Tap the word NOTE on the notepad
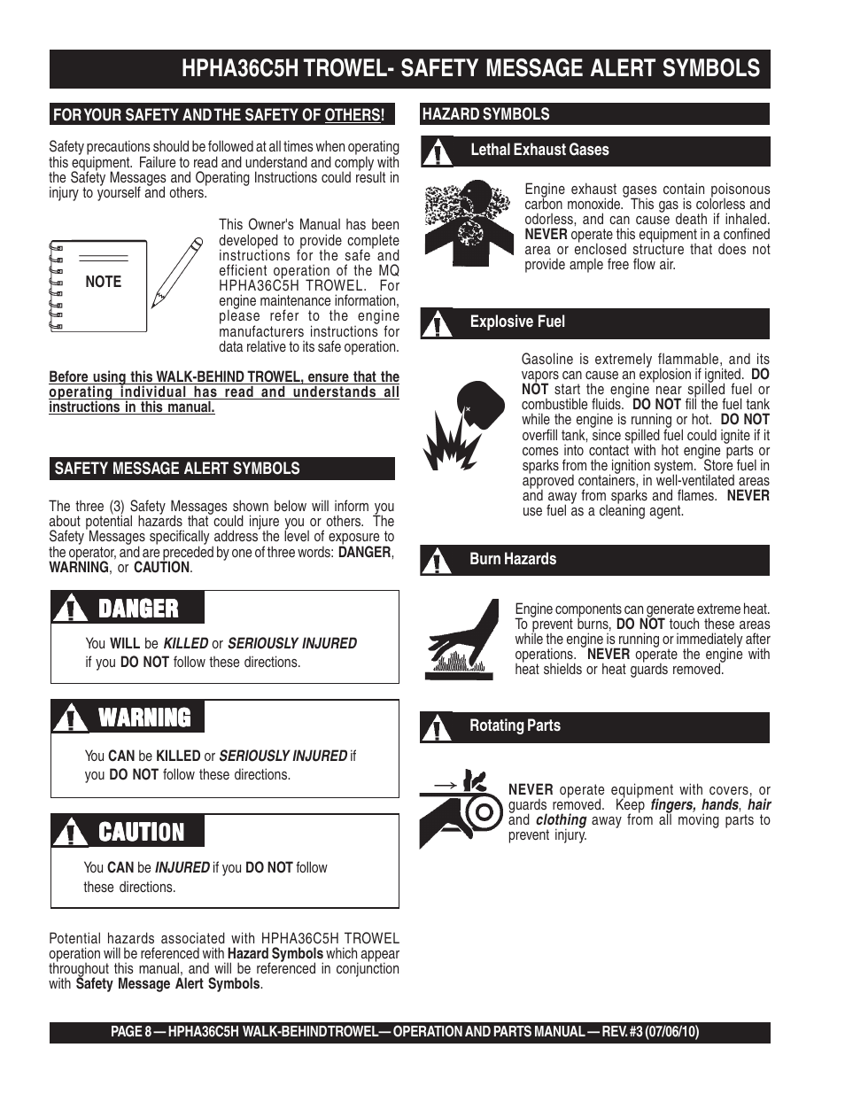pyautogui.click(x=103, y=282)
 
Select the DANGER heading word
pyautogui.click(x=138, y=609)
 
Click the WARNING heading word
pyautogui.click(x=144, y=718)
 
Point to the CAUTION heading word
pyautogui.click(x=142, y=833)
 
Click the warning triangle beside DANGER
pyautogui.click(x=69, y=609)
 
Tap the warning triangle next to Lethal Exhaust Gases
pyautogui.click(x=435, y=152)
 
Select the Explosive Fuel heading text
pyautogui.click(x=517, y=322)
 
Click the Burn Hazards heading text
pyautogui.click(x=513, y=559)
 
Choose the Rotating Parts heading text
pyautogui.click(x=515, y=725)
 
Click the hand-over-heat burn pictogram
pyautogui.click(x=461, y=639)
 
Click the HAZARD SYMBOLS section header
pyautogui.click(x=485, y=114)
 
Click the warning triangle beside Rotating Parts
pyautogui.click(x=435, y=728)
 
